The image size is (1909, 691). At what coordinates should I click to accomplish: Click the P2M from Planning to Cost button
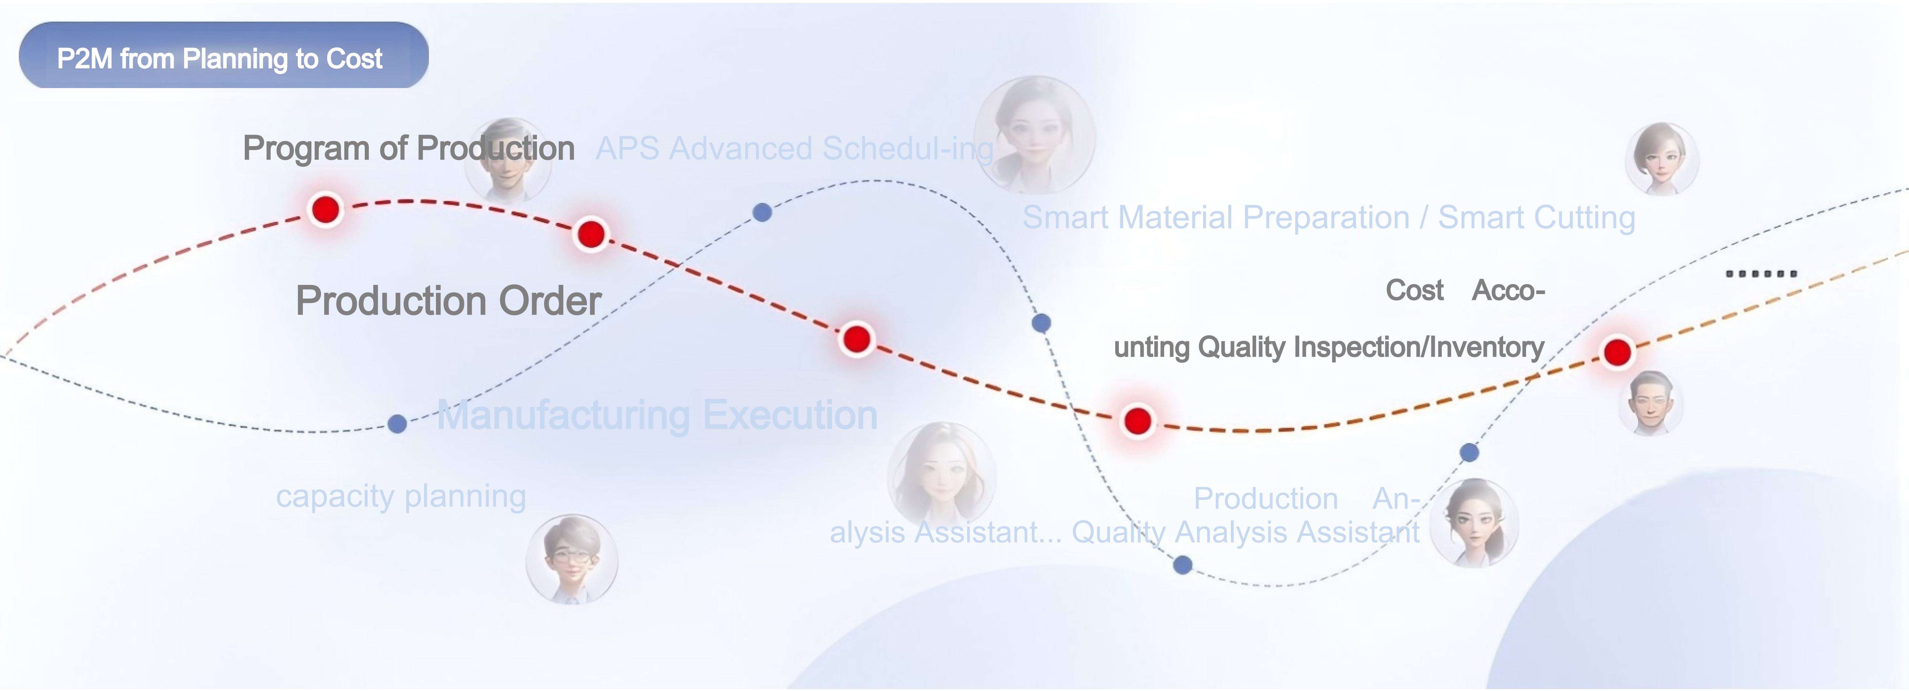223,56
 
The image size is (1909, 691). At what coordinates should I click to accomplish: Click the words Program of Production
408,148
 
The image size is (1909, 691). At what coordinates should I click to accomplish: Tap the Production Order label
448,301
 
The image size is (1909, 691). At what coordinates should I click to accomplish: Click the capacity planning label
401,496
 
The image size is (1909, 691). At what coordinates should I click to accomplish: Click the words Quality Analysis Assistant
1246,532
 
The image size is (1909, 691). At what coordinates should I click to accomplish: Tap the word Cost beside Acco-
1415,290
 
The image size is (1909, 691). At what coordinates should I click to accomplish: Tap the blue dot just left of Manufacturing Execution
397,424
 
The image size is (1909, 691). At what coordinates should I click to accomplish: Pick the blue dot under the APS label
762,212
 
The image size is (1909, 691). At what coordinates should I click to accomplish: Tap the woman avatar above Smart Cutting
1662,159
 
